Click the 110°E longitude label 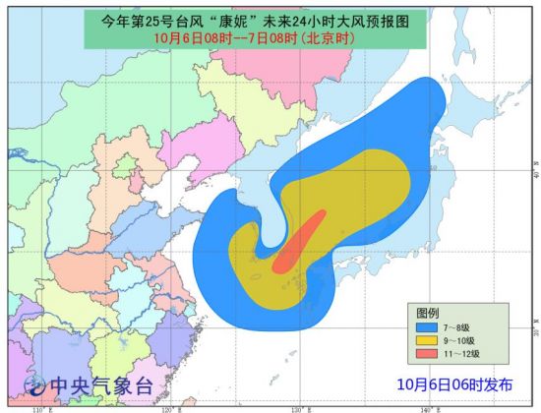click(x=39, y=407)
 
